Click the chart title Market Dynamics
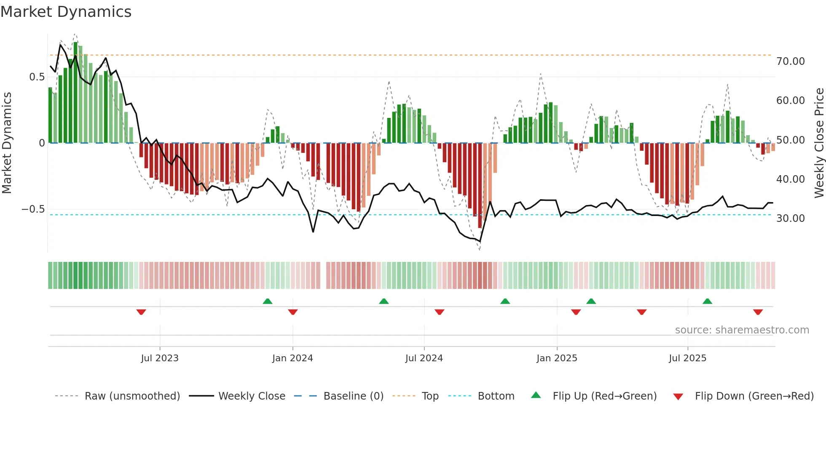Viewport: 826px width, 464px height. pyautogui.click(x=66, y=12)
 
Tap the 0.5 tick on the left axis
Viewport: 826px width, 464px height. pyautogui.click(x=37, y=77)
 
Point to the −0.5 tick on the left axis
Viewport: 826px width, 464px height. pyautogui.click(x=33, y=209)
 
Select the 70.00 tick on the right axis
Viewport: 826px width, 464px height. pyautogui.click(x=790, y=61)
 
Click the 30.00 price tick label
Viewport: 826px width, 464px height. pyautogui.click(x=790, y=219)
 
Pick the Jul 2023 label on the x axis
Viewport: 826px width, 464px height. pyautogui.click(x=160, y=358)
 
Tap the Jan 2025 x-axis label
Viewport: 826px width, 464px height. pyautogui.click(x=557, y=358)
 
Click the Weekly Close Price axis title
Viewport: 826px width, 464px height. pyautogui.click(x=819, y=143)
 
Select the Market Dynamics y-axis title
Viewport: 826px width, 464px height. pyautogui.click(x=7, y=143)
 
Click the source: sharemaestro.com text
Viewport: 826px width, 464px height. pyautogui.click(x=742, y=330)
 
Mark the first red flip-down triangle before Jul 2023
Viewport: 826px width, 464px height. pyautogui.click(x=141, y=312)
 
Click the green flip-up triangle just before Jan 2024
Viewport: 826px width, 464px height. pyautogui.click(x=268, y=301)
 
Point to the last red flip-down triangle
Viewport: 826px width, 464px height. pyautogui.click(x=758, y=312)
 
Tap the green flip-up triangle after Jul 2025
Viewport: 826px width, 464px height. pyautogui.click(x=707, y=301)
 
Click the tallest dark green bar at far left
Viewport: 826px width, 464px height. pyautogui.click(x=75, y=93)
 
